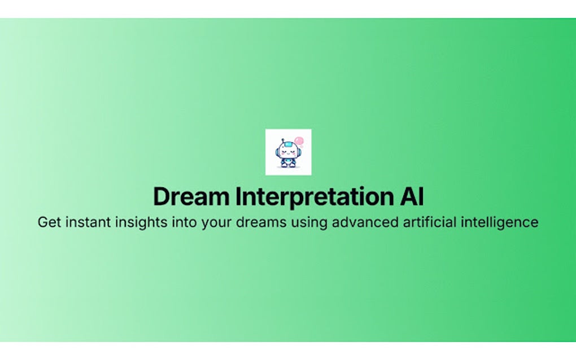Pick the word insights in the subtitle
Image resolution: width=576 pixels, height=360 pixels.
pos(137,222)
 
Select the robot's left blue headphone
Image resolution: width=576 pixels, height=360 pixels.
pos(278,151)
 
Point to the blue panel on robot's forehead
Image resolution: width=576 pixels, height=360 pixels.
pos(288,146)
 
